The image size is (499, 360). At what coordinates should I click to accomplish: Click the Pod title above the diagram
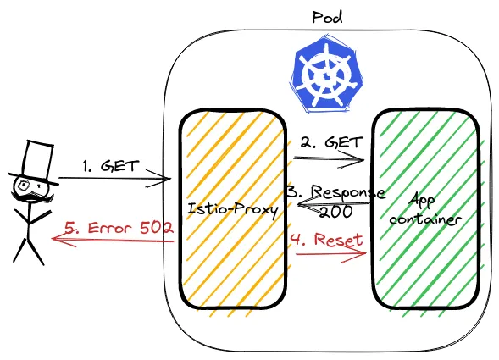(327, 18)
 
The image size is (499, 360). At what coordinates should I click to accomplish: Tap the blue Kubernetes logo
(326, 75)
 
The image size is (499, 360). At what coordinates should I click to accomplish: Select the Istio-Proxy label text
(233, 209)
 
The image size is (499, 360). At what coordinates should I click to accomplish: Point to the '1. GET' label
(111, 166)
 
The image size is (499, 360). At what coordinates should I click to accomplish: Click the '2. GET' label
(331, 142)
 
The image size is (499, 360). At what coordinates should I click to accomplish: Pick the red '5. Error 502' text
(119, 228)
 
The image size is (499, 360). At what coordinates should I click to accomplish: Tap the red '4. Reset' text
(326, 240)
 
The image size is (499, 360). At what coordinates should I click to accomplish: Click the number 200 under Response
(336, 212)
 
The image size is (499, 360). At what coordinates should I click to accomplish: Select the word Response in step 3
(348, 192)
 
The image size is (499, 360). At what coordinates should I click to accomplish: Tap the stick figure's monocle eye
(24, 184)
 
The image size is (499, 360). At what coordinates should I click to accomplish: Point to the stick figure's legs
(28, 251)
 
